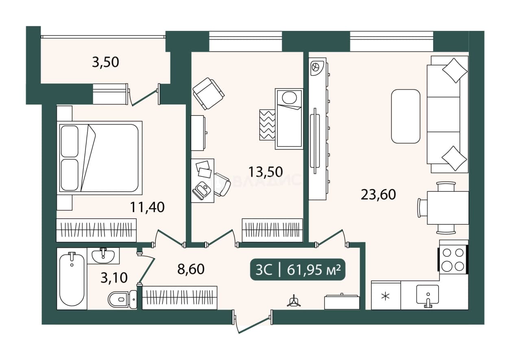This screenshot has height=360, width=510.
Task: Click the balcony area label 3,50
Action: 105,62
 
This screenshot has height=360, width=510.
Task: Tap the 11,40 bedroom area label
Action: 147,207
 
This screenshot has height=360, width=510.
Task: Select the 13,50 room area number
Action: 266,172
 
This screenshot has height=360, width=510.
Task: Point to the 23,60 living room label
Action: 378,195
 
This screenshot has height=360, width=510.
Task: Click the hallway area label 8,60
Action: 191,269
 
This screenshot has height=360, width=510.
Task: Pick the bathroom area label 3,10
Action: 114,278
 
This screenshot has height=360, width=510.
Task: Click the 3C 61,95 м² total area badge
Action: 298,269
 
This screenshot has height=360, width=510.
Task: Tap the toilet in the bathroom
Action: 122,299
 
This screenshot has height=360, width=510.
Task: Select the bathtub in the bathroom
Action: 72,279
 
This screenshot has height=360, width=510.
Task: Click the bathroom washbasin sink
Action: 103,256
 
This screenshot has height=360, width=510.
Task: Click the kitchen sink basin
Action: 427,295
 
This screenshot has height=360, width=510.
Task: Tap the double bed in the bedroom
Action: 100,158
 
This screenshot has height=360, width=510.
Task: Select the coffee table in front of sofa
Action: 405,116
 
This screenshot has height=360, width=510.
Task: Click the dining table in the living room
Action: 448,208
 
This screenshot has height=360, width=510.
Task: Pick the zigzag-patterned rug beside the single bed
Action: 267,125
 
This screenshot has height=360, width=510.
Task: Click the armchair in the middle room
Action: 208,94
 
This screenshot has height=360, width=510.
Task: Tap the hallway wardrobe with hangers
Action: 179,298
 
